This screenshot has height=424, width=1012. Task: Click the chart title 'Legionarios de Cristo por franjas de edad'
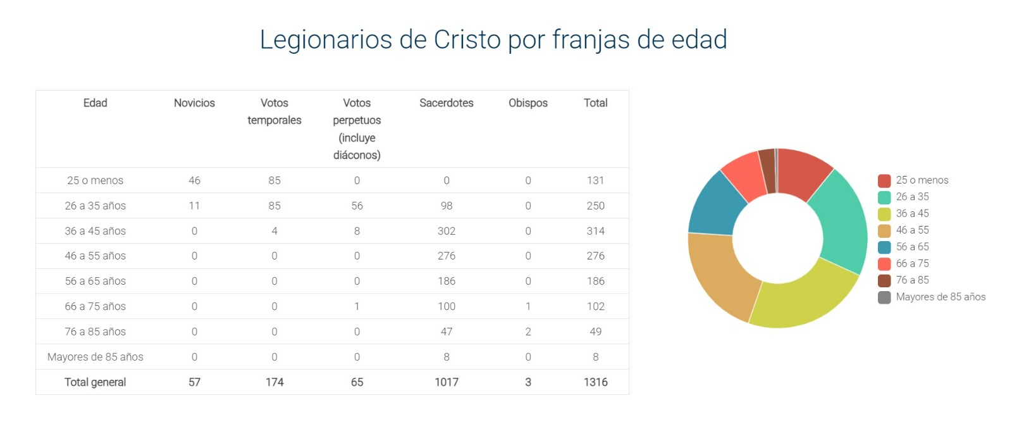point(493,39)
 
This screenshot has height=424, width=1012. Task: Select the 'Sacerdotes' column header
point(446,103)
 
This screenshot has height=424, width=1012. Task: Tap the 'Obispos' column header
point(528,103)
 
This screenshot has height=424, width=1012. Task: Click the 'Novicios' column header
point(194,103)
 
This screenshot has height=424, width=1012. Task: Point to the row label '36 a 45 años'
point(95,231)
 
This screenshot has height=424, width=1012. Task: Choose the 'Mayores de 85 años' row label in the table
point(95,357)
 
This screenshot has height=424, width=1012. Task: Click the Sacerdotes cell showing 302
point(446,231)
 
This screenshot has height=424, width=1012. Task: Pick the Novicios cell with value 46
point(194,180)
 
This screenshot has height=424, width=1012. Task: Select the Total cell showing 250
point(595,206)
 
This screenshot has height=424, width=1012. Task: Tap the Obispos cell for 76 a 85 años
point(528,332)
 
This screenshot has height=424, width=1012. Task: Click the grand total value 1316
point(595,382)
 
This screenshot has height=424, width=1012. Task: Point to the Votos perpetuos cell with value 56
point(357,206)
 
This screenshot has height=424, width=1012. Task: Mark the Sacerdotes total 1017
point(446,382)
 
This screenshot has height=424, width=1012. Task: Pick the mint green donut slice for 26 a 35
point(841,221)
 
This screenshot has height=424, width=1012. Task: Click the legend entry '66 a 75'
point(912,263)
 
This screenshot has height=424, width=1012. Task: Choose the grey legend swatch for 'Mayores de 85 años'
point(884,297)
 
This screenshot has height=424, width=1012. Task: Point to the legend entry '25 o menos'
point(922,180)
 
